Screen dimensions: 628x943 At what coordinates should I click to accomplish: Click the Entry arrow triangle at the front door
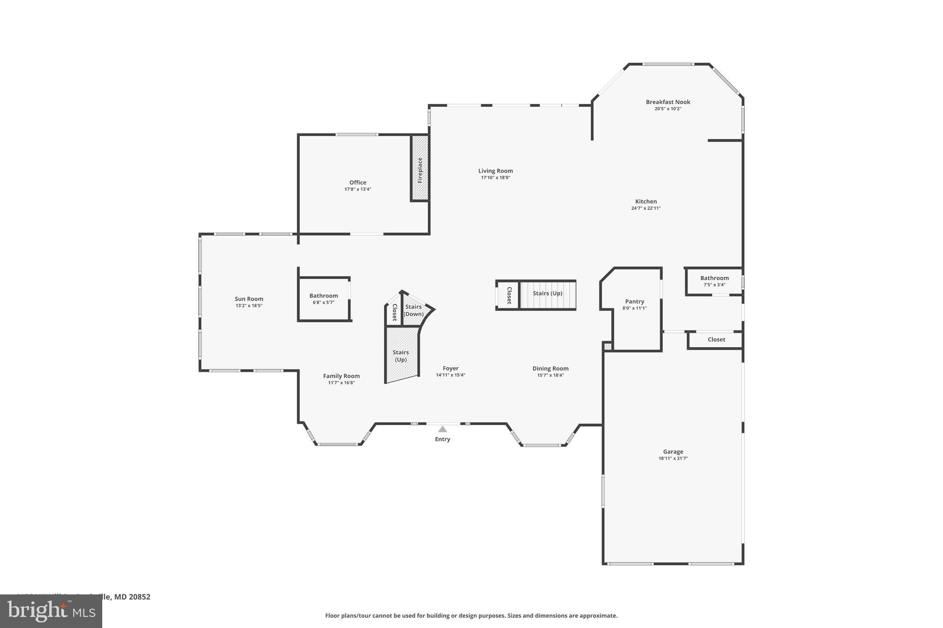442,429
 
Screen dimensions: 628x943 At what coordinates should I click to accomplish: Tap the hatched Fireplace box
419,168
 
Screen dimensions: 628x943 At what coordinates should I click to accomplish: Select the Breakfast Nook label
668,102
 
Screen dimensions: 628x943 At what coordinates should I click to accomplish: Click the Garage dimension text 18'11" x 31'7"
673,458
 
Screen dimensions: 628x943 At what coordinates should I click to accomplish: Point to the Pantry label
634,302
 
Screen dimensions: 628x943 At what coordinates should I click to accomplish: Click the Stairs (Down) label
413,311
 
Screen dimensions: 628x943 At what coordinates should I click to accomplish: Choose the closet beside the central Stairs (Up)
509,295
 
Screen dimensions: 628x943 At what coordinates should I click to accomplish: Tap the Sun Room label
249,299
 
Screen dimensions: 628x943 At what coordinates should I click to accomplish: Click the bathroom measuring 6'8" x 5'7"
323,299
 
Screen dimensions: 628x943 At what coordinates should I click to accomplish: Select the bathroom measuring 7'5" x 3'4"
714,281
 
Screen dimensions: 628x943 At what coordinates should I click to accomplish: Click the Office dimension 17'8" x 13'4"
358,189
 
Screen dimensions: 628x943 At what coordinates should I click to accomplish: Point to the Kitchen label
646,202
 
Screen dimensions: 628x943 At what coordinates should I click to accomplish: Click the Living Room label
495,171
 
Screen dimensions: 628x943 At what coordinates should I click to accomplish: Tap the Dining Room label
550,369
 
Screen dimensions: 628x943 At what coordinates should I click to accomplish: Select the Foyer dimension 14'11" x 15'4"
450,375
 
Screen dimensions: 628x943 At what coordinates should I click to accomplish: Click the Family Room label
341,376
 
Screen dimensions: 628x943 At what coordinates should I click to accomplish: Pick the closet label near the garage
716,340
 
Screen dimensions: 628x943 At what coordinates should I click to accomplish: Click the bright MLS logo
51,611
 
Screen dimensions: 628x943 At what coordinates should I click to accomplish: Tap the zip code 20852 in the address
139,597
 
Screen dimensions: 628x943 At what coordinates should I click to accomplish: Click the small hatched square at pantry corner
608,346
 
